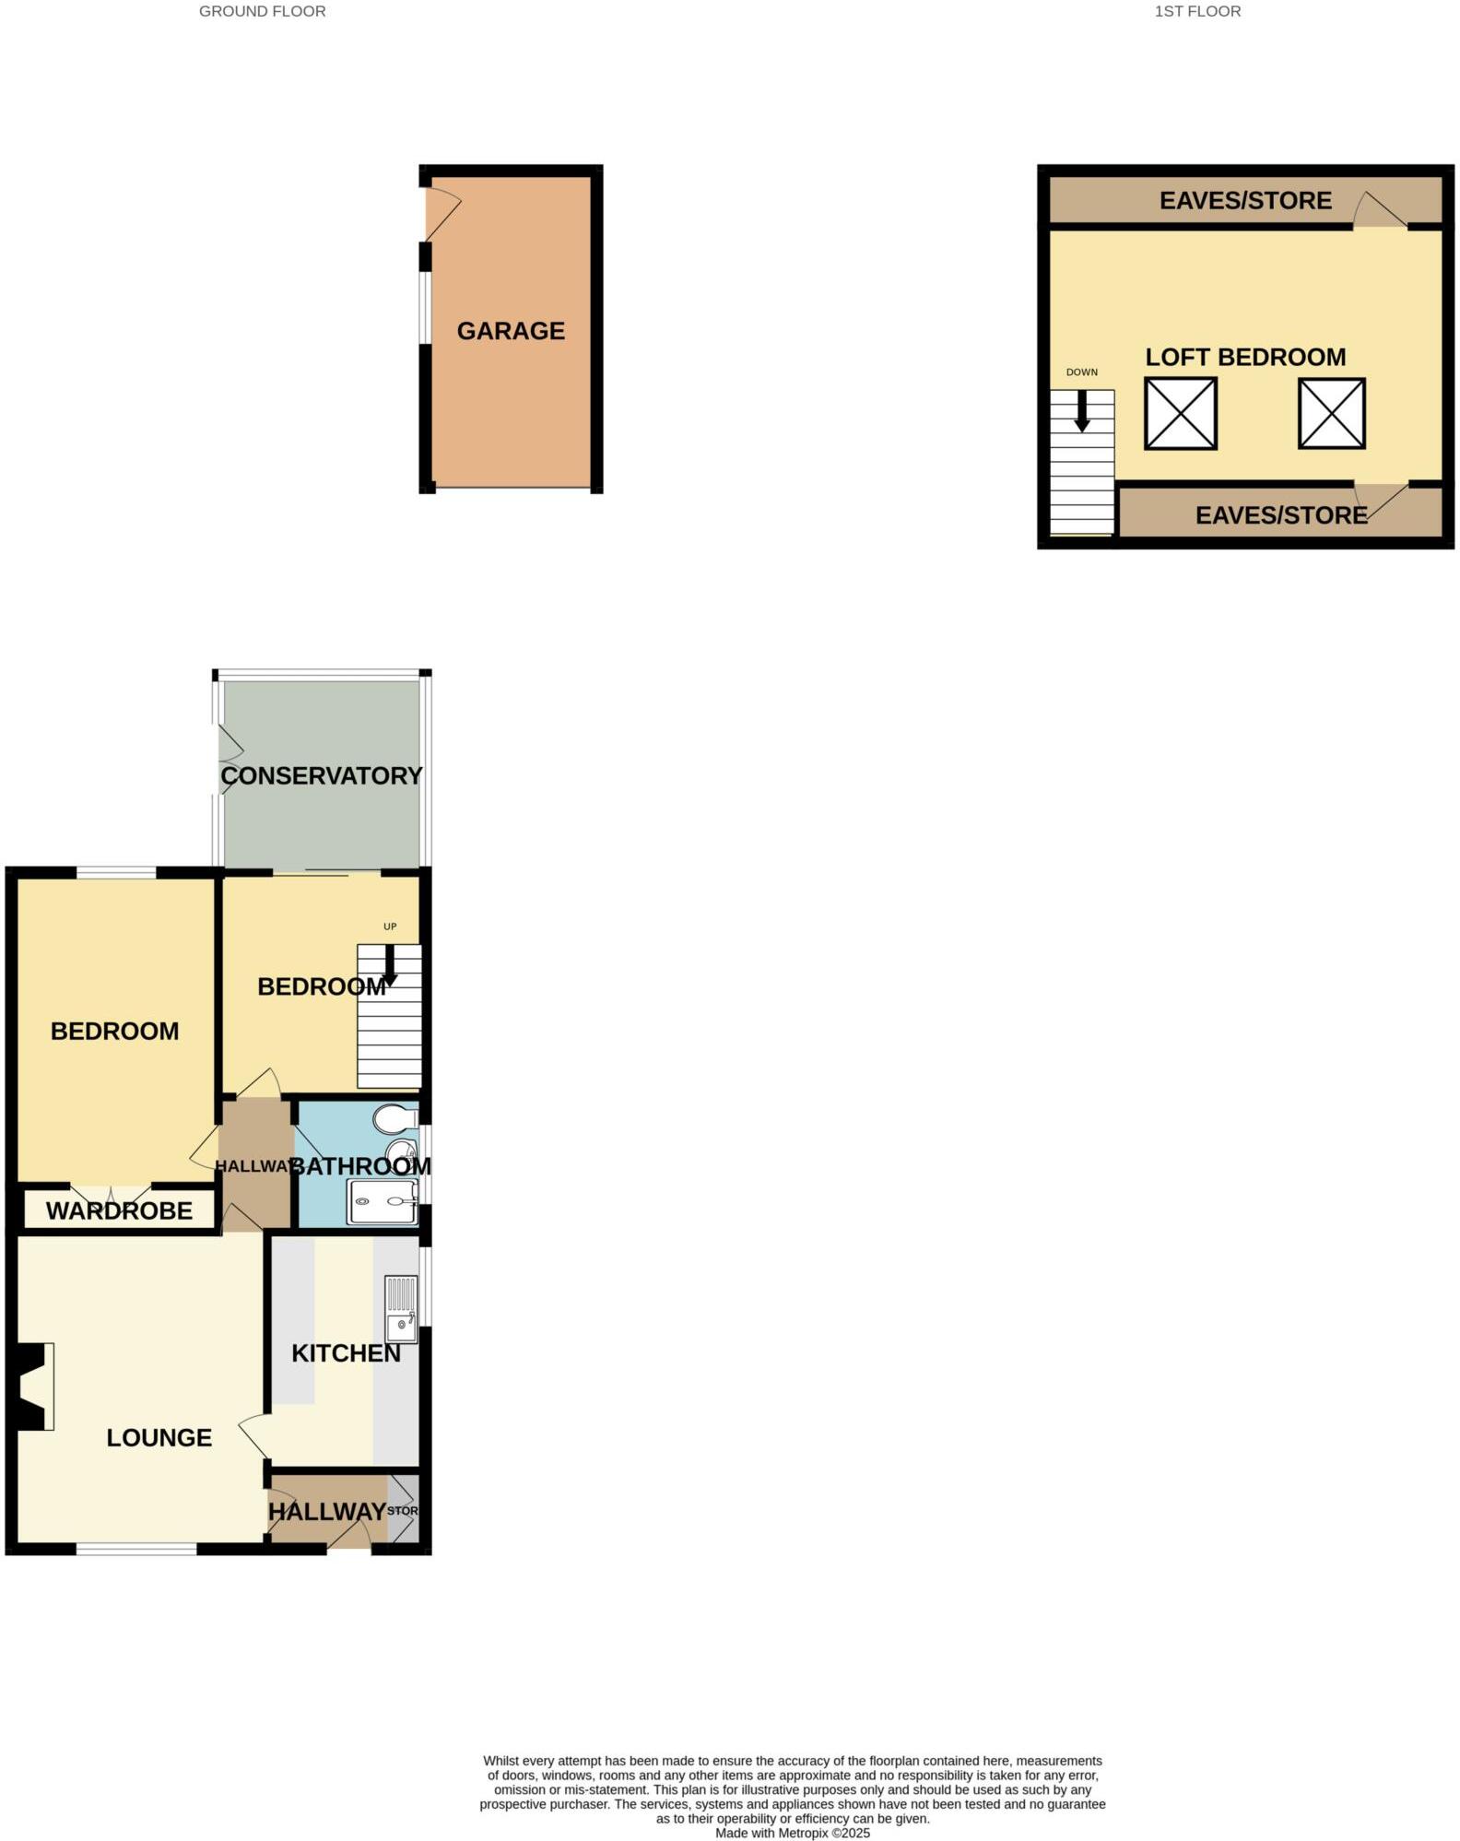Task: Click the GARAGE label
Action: [511, 331]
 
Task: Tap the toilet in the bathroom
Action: [395, 1119]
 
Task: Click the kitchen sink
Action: [401, 1309]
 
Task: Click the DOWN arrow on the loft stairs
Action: [1082, 411]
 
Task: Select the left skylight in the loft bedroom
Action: [1181, 414]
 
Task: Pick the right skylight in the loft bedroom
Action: [1331, 414]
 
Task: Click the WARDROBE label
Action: [120, 1210]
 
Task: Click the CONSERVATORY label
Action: [321, 776]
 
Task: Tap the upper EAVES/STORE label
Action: [1245, 201]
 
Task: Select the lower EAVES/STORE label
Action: [1280, 515]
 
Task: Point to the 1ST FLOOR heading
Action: [1197, 12]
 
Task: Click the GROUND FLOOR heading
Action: [263, 12]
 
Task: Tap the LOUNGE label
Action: [159, 1437]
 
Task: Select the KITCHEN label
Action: [346, 1353]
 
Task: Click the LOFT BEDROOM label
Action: [1245, 358]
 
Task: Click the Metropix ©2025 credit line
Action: [792, 1833]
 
